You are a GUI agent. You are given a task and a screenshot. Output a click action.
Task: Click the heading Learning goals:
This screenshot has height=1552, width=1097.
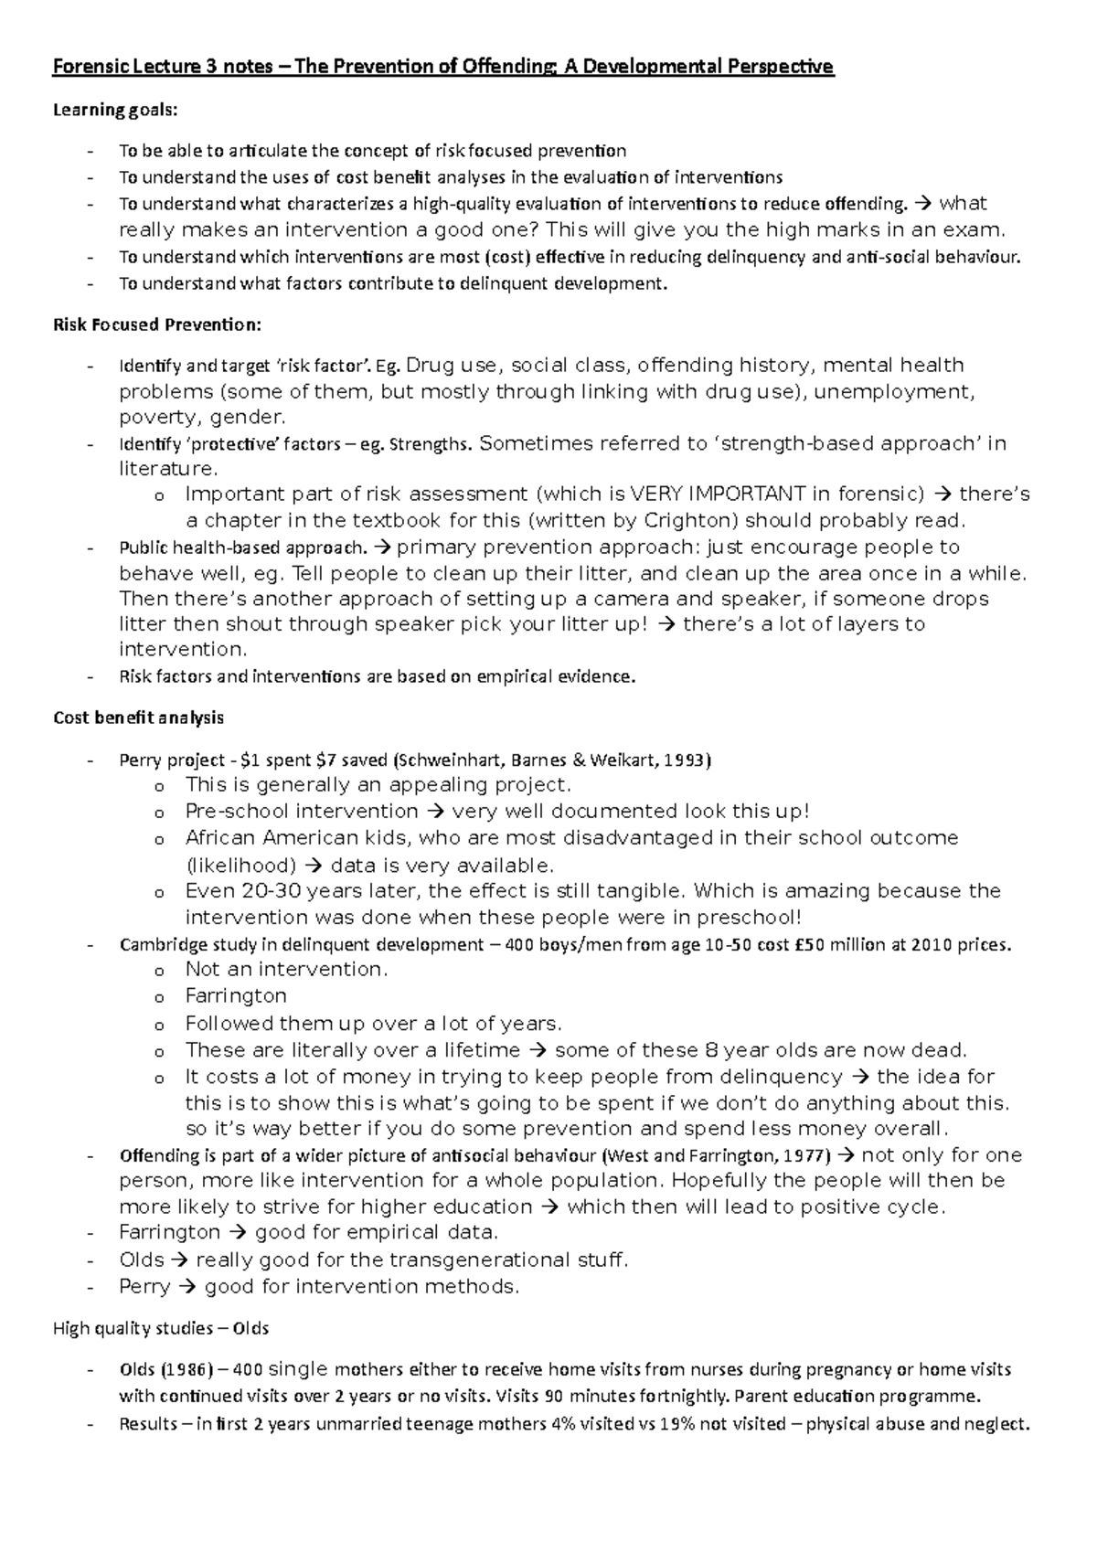click(x=115, y=110)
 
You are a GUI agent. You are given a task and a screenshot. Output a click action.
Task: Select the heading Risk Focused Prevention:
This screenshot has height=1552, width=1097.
click(x=157, y=324)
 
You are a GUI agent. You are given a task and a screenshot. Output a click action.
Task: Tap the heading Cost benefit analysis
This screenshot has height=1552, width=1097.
click(x=138, y=718)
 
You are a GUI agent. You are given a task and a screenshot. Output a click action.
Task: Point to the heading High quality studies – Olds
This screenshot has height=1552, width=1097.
click(x=161, y=1328)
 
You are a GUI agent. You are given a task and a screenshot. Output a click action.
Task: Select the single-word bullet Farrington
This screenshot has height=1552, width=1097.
click(x=236, y=995)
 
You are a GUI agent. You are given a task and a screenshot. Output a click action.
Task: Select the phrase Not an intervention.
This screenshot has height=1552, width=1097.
click(x=286, y=969)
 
